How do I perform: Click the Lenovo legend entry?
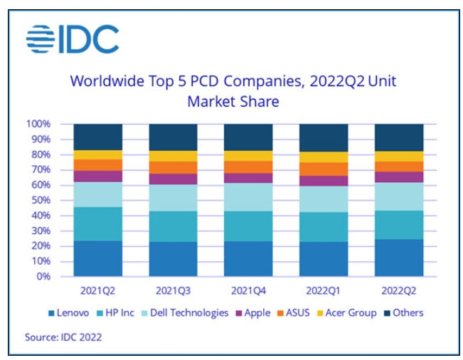click(x=72, y=313)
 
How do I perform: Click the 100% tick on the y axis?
click(x=39, y=125)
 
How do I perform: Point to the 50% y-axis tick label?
click(x=41, y=201)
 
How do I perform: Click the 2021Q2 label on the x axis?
click(x=98, y=290)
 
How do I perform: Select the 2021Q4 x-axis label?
click(x=248, y=290)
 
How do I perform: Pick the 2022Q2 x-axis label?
click(x=399, y=290)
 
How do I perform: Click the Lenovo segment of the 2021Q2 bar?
click(x=98, y=258)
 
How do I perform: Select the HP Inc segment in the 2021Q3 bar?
click(x=173, y=226)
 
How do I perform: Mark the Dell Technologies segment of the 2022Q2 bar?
click(x=399, y=196)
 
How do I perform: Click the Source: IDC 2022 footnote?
click(x=64, y=337)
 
